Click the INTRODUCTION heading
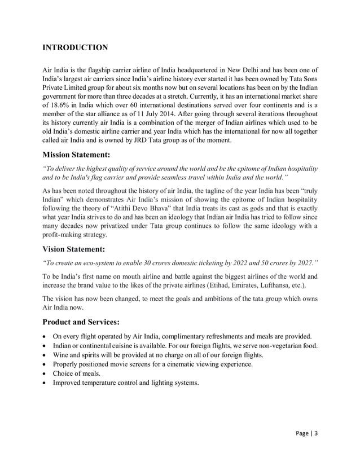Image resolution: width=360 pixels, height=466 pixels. pos(76,47)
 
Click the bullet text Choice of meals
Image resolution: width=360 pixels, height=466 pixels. pos(77,373)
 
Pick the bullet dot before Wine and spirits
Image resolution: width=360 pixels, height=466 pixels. pos(46,355)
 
